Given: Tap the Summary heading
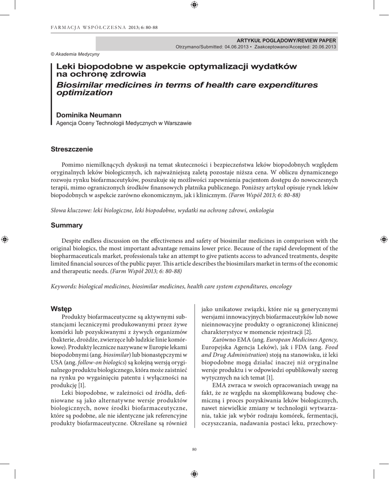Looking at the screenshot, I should [x=66, y=225].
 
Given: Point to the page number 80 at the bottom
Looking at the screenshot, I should [x=194, y=450].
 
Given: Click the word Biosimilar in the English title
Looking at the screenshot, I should [x=81, y=85].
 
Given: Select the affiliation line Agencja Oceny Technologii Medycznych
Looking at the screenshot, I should [x=123, y=123].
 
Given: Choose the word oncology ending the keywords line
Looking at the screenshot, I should [x=279, y=286].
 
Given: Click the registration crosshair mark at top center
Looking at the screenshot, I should [x=194, y=5].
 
